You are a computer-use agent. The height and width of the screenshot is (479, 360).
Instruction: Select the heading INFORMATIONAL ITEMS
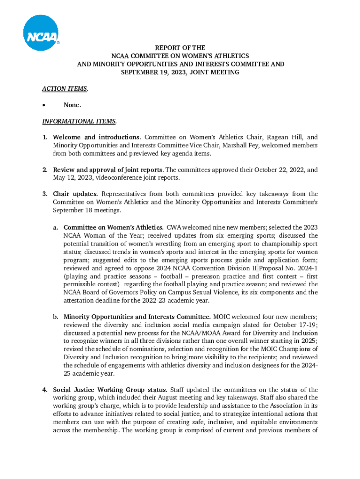[x=79, y=121]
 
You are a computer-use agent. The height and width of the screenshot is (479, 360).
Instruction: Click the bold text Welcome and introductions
[x=96, y=138]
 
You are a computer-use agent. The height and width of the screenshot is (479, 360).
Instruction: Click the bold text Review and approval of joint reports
[x=108, y=170]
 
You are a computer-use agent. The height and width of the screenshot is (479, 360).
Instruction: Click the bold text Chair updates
[x=75, y=194]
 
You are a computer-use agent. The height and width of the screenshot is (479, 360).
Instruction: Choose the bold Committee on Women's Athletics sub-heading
[x=114, y=227]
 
